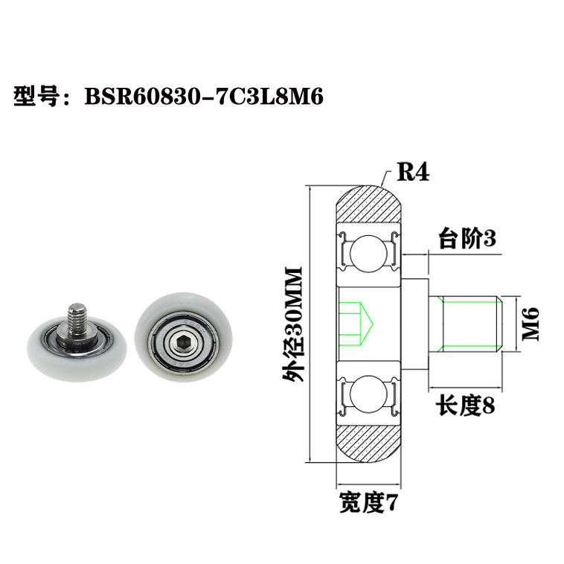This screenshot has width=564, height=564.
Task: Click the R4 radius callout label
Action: coord(411,173)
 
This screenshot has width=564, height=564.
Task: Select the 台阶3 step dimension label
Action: coord(466,239)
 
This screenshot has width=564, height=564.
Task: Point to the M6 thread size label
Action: coord(529,324)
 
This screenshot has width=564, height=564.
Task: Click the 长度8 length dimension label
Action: coord(465,406)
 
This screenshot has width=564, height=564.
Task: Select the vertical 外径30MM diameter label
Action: coord(295,324)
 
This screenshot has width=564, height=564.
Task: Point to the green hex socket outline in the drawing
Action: coord(358,324)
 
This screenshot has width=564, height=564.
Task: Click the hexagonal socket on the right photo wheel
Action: coord(182,342)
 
